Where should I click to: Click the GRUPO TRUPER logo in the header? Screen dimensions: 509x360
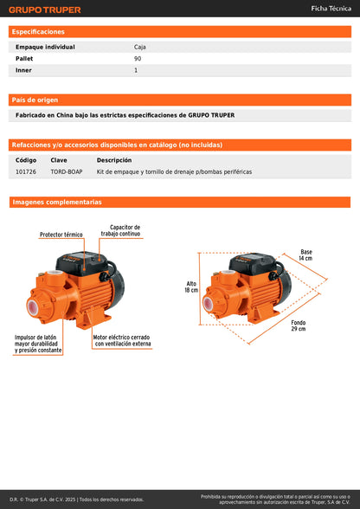click(45, 10)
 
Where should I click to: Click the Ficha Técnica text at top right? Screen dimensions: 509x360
click(330, 9)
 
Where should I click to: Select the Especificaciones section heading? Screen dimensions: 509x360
click(38, 31)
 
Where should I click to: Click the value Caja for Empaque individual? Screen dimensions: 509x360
click(140, 47)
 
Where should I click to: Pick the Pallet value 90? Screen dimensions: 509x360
click(138, 59)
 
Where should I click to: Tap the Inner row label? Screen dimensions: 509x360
click(24, 70)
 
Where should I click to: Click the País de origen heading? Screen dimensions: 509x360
click(35, 100)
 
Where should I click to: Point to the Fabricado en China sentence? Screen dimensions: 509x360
click(125, 115)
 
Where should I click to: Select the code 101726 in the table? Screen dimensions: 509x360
click(26, 172)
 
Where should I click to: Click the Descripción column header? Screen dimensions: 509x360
click(114, 160)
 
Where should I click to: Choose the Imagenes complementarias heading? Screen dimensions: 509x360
click(57, 202)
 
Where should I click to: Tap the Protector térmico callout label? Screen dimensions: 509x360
click(61, 235)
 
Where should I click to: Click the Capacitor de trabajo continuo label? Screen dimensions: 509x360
click(125, 230)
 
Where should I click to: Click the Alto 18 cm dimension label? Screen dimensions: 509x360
click(191, 287)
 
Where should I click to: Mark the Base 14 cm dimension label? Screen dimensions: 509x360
click(305, 255)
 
